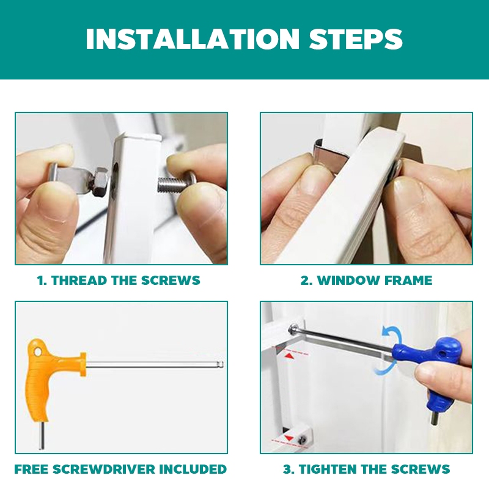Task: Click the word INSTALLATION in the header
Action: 193,39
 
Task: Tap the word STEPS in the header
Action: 356,39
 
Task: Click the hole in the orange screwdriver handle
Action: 38,352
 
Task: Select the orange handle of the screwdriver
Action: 50,376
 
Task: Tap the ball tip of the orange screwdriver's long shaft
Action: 221,364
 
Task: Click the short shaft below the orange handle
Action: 41,435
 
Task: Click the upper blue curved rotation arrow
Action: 394,334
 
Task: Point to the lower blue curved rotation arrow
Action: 384,369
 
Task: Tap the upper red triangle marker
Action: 290,356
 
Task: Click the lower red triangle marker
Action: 289,438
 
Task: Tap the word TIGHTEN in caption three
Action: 328,469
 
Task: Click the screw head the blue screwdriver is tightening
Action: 294,329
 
